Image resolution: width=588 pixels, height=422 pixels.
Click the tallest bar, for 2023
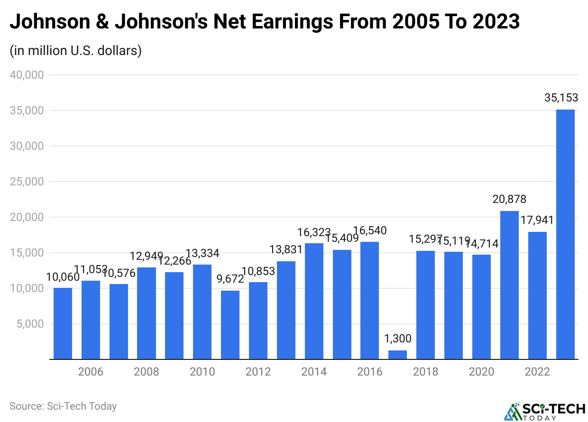click(565, 234)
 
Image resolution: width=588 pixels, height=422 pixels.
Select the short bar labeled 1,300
click(397, 355)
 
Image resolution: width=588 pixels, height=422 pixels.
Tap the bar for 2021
click(509, 285)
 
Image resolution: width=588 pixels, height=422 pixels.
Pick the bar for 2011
click(230, 325)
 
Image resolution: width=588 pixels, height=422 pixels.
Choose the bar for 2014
click(314, 301)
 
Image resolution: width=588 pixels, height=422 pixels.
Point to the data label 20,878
click(509, 200)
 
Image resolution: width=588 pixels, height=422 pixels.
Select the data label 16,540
click(370, 231)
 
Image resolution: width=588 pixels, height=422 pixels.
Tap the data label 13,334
click(202, 253)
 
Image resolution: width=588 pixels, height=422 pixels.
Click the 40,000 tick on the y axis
click(27, 75)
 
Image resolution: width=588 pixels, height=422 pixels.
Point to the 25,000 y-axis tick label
click(27, 182)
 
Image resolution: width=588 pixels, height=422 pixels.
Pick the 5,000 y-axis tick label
click(30, 324)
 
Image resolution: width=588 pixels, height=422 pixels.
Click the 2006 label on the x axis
click(91, 372)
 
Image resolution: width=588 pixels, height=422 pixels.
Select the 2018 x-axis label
click(425, 372)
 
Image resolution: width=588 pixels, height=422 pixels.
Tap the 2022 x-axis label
click(537, 372)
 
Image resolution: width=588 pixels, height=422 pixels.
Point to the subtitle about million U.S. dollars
click(76, 51)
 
